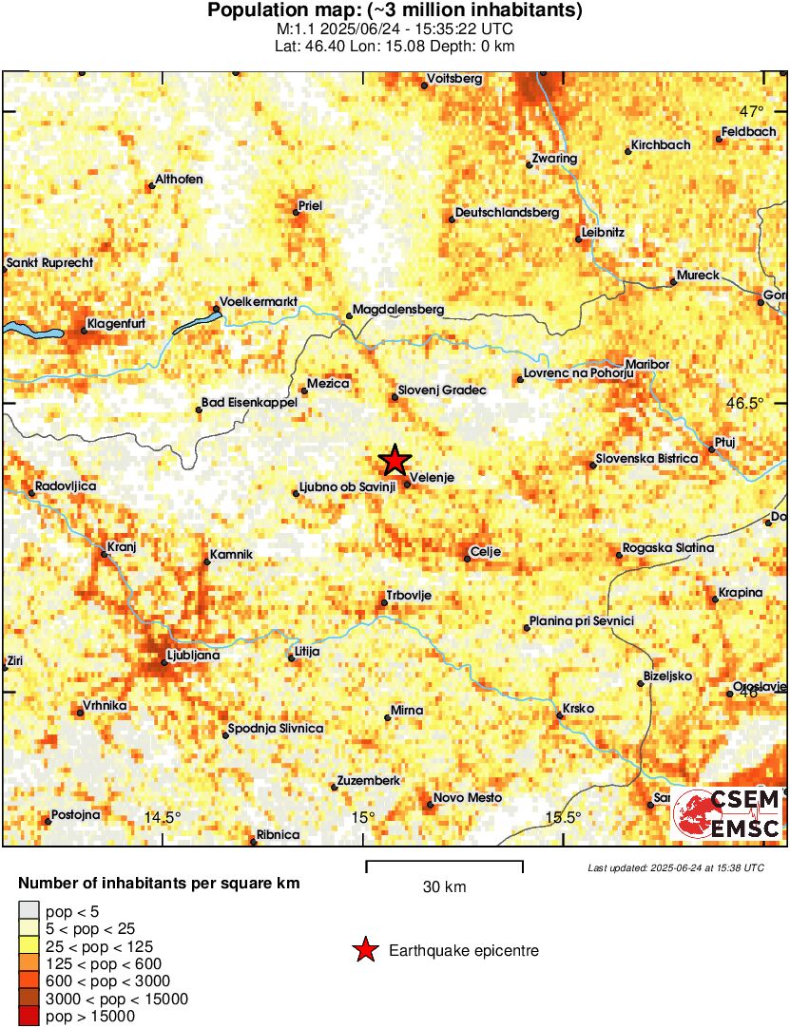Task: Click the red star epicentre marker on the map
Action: tap(395, 461)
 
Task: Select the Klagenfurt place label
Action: tap(116, 325)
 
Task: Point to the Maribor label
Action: tap(648, 364)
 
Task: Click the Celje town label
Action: tap(486, 552)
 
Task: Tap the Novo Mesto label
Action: tap(467, 798)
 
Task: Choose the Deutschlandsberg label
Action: tap(508, 213)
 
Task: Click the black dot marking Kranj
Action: tap(106, 553)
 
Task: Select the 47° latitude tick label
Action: tap(760, 109)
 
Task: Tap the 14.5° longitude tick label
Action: tap(162, 817)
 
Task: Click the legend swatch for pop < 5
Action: tap(29, 911)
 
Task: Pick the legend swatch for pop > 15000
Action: tap(29, 1017)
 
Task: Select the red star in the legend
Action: tap(364, 950)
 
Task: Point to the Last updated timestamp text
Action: tap(676, 867)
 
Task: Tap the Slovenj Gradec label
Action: tap(442, 390)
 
